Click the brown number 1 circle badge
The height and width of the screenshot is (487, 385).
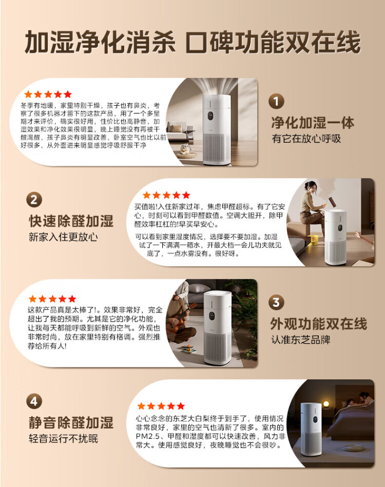276,101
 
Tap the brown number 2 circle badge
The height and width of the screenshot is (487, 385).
34,200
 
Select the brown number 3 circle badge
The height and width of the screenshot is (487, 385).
276,302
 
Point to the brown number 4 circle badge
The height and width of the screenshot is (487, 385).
34,401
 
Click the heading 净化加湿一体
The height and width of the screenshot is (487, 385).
312,123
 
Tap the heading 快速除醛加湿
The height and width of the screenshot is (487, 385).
71,221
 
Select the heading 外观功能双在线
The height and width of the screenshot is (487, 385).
318,324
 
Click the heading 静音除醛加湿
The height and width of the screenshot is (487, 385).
71,423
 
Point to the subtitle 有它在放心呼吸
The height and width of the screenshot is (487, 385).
306,139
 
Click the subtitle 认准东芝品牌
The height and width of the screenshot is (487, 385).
301,340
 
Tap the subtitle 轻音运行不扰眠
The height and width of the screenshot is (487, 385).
63,439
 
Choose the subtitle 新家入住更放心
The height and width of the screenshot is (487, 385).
63,237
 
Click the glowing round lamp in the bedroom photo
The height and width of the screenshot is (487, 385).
326,404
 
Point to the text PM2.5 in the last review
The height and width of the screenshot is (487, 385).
148,436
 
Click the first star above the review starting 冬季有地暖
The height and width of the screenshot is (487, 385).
28,94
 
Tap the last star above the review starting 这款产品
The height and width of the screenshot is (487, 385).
72,299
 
